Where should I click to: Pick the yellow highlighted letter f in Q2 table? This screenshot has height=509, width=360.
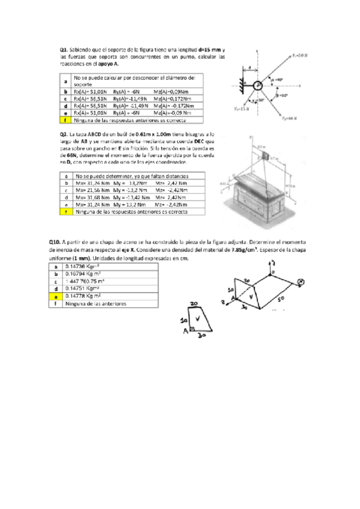(65, 211)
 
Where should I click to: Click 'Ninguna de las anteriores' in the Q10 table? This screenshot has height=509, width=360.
(96, 304)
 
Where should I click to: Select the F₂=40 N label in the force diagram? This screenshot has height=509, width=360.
(289, 119)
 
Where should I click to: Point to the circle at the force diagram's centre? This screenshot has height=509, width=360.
(259, 86)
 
